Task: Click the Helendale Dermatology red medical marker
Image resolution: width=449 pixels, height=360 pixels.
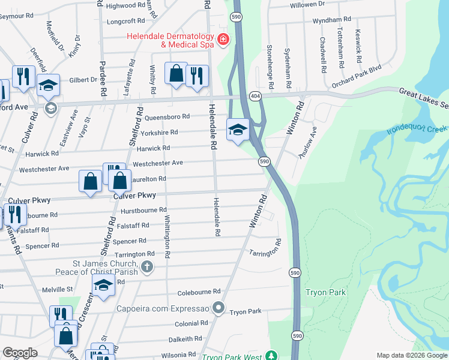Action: [x=223, y=40]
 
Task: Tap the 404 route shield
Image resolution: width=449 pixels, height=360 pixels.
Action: [x=255, y=96]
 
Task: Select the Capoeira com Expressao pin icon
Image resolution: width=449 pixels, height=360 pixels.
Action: [x=218, y=309]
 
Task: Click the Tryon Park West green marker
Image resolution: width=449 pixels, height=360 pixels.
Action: [x=272, y=355]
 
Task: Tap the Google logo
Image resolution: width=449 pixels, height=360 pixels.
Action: [x=20, y=353]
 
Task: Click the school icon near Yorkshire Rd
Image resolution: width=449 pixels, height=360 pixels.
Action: [x=238, y=128]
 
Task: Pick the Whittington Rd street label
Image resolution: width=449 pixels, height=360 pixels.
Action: [x=167, y=237]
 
